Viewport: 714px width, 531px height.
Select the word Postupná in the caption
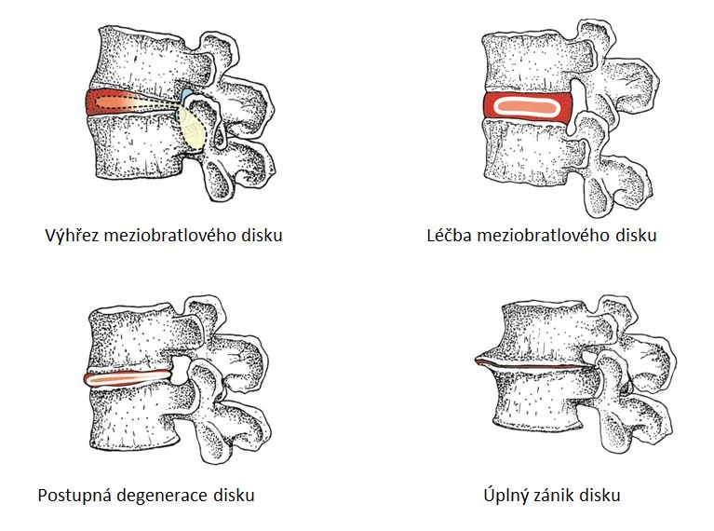pos(73,495)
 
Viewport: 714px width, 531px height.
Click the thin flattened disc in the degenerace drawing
pos(130,377)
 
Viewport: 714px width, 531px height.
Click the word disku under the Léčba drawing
pos(634,235)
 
